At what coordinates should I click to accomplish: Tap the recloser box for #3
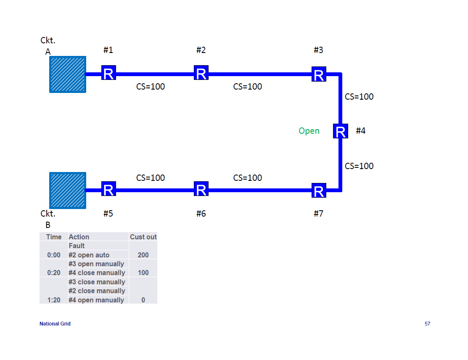tap(319, 74)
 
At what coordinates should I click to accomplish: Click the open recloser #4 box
tap(340, 131)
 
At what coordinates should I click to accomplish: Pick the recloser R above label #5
tap(108, 189)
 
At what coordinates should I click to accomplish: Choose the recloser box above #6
tap(201, 189)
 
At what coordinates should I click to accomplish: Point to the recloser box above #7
tap(319, 191)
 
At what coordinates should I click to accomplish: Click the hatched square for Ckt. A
tap(68, 74)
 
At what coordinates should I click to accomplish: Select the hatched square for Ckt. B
tap(68, 190)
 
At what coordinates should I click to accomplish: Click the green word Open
tap(309, 131)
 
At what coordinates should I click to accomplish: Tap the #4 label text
tap(361, 131)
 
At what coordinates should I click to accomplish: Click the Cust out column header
tap(143, 237)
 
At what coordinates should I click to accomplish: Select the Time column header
tap(54, 237)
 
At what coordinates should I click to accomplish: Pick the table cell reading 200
tap(143, 255)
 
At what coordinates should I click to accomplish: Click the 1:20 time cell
tap(54, 300)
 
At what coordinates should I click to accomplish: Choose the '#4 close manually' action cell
tap(97, 273)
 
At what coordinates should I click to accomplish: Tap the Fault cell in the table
tap(77, 246)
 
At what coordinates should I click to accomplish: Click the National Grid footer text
tap(55, 324)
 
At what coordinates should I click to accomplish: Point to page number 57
tap(427, 324)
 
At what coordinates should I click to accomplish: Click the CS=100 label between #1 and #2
tap(151, 87)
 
